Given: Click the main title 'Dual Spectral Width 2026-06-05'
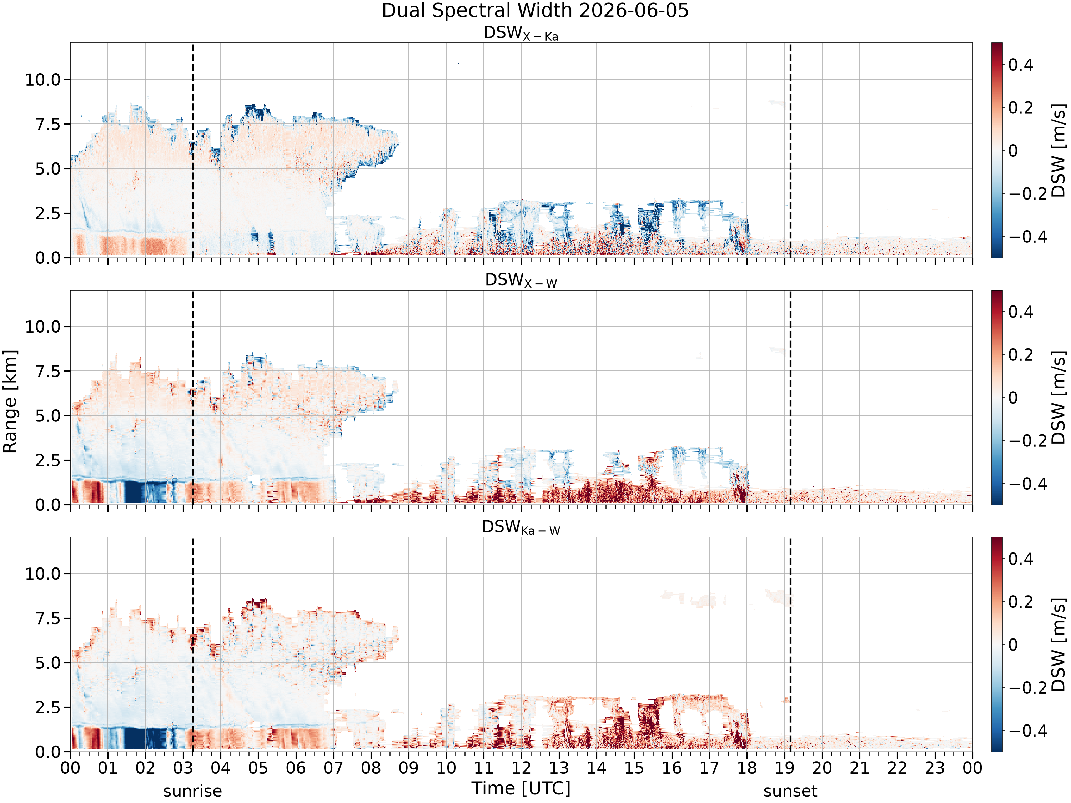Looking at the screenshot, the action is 535,11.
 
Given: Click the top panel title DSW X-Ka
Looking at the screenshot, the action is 521,34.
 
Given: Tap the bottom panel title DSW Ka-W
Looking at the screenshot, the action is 521,527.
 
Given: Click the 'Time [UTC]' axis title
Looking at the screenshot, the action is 521,788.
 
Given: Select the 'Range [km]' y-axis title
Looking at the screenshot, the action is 10,402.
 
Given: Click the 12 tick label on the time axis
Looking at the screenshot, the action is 522,768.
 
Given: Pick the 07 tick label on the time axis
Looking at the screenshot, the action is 333,768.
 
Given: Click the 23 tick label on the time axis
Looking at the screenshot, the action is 935,768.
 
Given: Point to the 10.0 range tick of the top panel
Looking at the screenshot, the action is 43,79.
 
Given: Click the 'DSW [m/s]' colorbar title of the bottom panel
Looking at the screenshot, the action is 1059,645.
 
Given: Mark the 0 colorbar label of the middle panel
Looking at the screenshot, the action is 1013,398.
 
